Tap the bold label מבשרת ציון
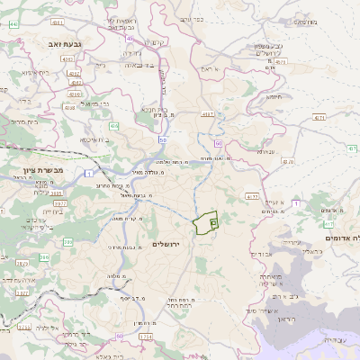click(x=39, y=168)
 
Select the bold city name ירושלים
click(x=166, y=244)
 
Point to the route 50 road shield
click(x=163, y=140)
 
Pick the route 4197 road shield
click(x=208, y=114)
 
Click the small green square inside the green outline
click(x=212, y=221)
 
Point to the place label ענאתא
click(x=265, y=151)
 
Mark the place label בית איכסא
click(x=94, y=139)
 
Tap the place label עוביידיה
click(x=337, y=340)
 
